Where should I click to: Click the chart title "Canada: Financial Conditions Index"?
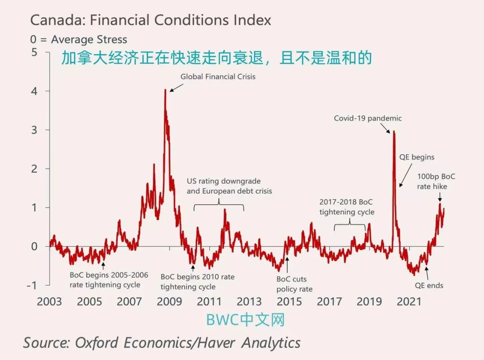(151, 20)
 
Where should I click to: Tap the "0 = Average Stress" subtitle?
(78, 39)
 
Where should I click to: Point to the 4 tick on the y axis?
(35, 91)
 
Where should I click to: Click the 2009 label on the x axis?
(169, 301)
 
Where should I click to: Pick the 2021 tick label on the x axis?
(409, 301)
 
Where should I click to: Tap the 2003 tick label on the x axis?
(49, 301)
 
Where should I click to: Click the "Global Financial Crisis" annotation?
(218, 77)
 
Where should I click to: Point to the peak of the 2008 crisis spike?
(165, 90)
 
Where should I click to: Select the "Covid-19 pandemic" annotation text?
(367, 118)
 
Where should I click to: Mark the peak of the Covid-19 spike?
(393, 131)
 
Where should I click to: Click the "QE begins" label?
(417, 157)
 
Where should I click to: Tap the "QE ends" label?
(429, 285)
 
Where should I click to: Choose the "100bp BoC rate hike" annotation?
(436, 181)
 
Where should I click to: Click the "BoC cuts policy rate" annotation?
(294, 284)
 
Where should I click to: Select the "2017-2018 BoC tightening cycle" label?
(346, 207)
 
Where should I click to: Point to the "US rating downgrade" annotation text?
(224, 181)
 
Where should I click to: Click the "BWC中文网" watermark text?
(245, 320)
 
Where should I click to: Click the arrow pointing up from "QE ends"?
(427, 272)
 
